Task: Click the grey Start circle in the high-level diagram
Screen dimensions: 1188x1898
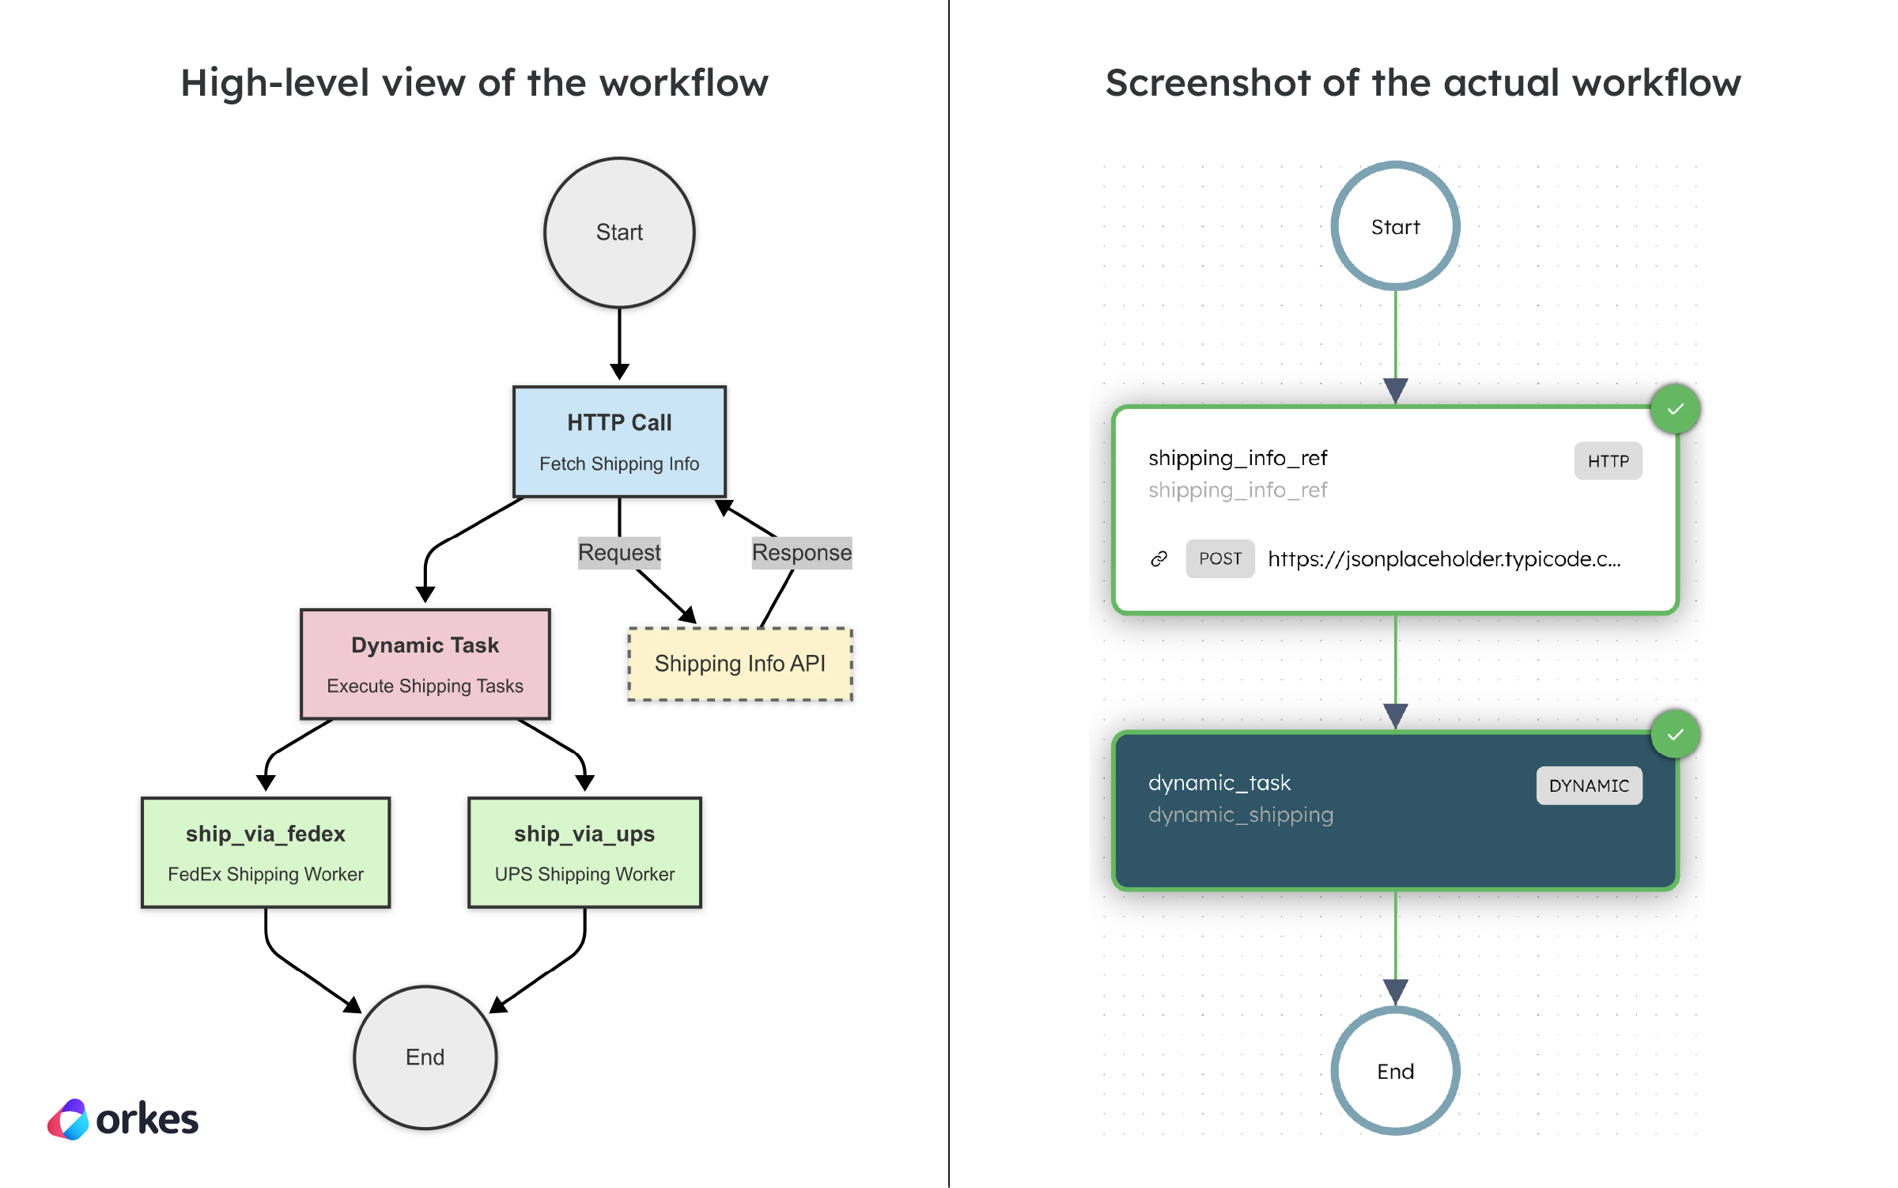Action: click(x=619, y=233)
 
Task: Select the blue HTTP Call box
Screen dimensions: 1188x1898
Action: click(x=619, y=441)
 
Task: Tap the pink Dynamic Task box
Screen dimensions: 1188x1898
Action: click(x=425, y=664)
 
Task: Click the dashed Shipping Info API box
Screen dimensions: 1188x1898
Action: click(x=739, y=664)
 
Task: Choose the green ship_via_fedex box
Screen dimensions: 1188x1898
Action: click(x=265, y=852)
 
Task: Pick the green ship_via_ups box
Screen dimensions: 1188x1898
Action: click(x=584, y=852)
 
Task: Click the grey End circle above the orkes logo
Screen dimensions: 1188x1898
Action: click(x=425, y=1057)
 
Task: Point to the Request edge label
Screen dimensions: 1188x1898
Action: click(x=619, y=552)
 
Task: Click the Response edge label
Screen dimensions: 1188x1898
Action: click(x=801, y=552)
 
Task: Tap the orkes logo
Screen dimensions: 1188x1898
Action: click(x=123, y=1119)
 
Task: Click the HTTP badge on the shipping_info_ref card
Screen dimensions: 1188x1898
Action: click(x=1608, y=461)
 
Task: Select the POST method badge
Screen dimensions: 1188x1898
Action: click(x=1219, y=559)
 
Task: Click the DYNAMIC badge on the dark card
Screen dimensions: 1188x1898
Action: click(x=1589, y=785)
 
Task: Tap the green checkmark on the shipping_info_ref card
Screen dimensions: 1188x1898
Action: click(x=1675, y=410)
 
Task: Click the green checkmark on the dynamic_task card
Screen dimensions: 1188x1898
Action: click(x=1675, y=735)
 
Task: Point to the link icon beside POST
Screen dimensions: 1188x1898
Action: click(x=1159, y=559)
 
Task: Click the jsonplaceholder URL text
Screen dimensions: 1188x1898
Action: click(x=1444, y=559)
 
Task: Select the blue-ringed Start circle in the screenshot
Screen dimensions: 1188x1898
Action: click(x=1395, y=227)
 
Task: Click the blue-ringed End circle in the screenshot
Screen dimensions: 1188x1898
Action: click(x=1395, y=1071)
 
